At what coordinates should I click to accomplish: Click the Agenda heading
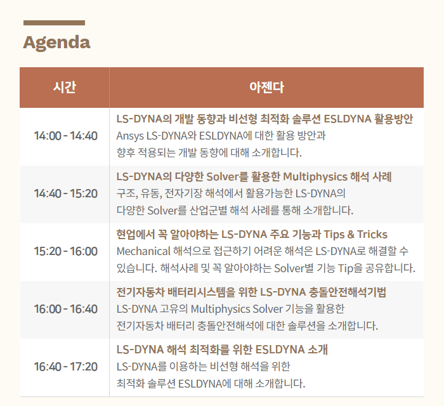tap(56, 43)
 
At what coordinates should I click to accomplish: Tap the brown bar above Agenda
tap(54, 23)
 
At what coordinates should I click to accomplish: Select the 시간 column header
tap(65, 87)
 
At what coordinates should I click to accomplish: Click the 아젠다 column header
tap(266, 87)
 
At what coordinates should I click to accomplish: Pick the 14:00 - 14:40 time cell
tap(66, 136)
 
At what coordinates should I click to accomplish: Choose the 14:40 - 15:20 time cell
tap(66, 193)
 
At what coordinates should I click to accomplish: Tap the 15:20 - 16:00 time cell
tap(66, 251)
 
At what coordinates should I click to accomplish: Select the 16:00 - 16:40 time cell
tap(66, 309)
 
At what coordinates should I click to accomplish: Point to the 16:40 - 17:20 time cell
tap(66, 367)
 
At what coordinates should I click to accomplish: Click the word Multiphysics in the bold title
tap(315, 177)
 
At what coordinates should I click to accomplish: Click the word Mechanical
tap(143, 251)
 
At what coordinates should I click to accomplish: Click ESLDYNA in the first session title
tap(348, 119)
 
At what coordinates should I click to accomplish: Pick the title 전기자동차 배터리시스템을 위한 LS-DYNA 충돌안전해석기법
tap(251, 292)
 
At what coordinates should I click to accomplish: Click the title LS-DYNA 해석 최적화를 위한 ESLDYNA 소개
tap(222, 350)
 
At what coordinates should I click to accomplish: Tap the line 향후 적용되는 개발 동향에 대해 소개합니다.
tap(209, 153)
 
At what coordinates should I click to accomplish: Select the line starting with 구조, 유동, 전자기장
tap(231, 193)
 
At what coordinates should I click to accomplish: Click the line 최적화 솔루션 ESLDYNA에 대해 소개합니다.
tap(211, 384)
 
